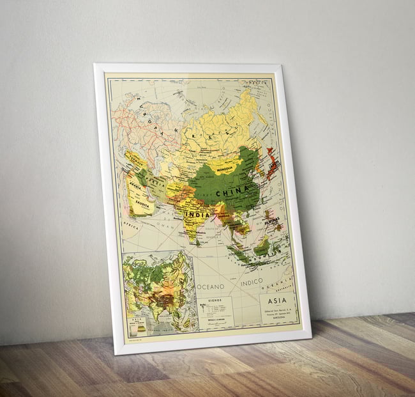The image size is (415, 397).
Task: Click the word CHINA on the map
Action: click(231, 192)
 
